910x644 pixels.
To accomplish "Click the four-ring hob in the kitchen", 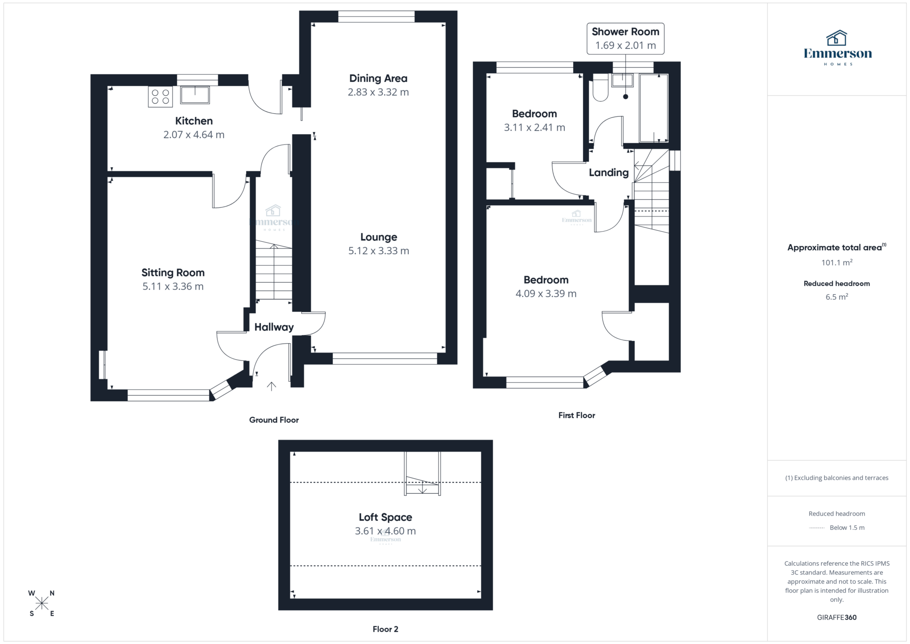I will point(160,97).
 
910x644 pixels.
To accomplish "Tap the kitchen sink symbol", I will point(195,95).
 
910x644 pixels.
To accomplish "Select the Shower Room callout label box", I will point(625,39).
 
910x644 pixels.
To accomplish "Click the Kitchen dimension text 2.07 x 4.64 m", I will point(194,135).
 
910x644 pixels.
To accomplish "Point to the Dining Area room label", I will point(378,79).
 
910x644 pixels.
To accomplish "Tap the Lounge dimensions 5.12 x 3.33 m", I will point(379,251).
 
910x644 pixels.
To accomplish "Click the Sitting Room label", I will point(173,273).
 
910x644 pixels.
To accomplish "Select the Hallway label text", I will point(274,327).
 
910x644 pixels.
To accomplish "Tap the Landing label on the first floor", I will point(608,172).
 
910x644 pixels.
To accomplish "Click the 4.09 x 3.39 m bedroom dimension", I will point(546,294).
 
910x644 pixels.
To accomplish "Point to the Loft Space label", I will point(385,517).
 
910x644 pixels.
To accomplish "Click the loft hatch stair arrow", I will point(422,489).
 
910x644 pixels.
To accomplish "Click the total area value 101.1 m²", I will point(837,263).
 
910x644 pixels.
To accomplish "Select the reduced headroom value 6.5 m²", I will point(837,297).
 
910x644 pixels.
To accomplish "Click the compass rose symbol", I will point(42,603).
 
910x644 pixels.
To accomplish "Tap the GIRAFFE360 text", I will point(837,617).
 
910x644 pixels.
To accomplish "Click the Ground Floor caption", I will point(274,420).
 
